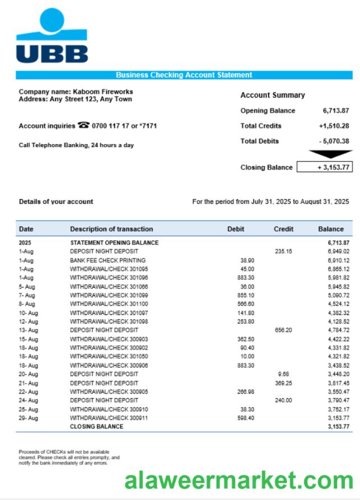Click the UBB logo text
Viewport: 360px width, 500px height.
(x=52, y=53)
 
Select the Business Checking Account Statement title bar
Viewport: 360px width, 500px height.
(x=184, y=75)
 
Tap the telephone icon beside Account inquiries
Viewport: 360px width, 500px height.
(x=84, y=126)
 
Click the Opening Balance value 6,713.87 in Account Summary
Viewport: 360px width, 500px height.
(x=335, y=110)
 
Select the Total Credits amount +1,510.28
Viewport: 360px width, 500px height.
(x=334, y=126)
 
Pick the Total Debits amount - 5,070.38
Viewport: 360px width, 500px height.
(x=333, y=141)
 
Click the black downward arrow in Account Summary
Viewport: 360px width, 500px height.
(x=330, y=154)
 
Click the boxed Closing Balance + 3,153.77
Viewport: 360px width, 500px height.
(x=325, y=167)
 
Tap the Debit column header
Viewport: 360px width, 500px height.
(x=236, y=229)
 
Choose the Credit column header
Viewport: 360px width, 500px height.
(x=283, y=229)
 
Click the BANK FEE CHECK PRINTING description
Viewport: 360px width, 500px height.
(x=108, y=261)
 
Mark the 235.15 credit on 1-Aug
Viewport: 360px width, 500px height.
(x=284, y=252)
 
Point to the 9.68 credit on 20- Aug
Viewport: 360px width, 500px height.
(x=283, y=374)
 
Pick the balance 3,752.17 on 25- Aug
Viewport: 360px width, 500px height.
(x=338, y=409)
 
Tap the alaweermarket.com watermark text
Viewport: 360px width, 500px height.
(x=239, y=480)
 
